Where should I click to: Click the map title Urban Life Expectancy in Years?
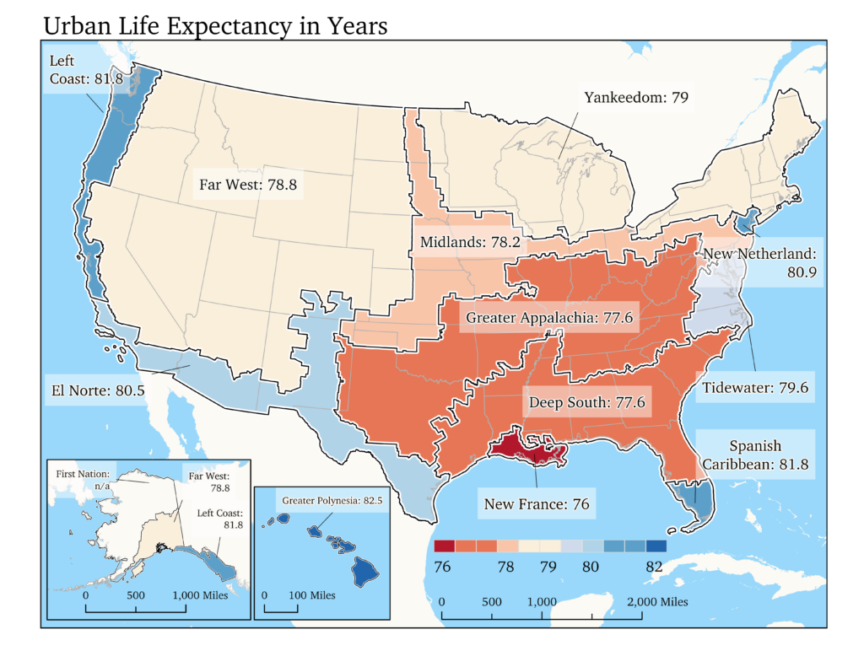(x=215, y=26)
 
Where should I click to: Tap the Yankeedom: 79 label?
(x=636, y=97)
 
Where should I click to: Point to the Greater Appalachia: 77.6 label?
(x=549, y=318)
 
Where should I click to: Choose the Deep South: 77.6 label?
(x=586, y=403)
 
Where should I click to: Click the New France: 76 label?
(x=537, y=505)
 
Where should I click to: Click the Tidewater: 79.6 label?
(x=755, y=388)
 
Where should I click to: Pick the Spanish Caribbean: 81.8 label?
(x=755, y=455)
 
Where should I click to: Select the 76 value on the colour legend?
(x=441, y=567)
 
